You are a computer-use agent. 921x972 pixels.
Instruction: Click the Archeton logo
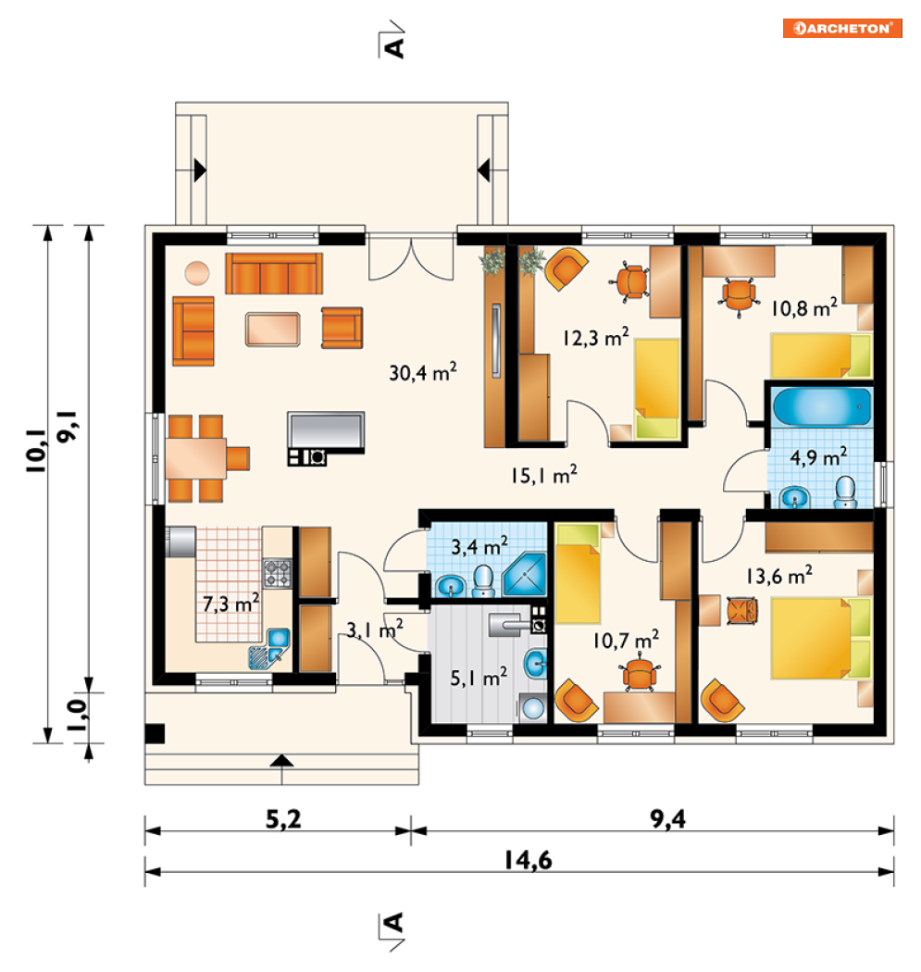pyautogui.click(x=842, y=29)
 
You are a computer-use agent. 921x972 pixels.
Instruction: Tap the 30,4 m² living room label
pyautogui.click(x=423, y=372)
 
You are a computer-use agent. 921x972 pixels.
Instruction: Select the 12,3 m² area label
pyautogui.click(x=595, y=337)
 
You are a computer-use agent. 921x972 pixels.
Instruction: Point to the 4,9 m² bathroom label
pyautogui.click(x=818, y=457)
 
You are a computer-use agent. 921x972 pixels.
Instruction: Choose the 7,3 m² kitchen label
pyautogui.click(x=230, y=603)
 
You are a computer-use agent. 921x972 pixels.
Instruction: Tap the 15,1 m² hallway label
pyautogui.click(x=543, y=475)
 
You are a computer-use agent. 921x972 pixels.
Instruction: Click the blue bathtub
pyautogui.click(x=821, y=406)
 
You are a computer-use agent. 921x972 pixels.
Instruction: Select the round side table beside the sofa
pyautogui.click(x=197, y=273)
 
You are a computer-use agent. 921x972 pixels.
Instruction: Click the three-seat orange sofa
pyautogui.click(x=274, y=273)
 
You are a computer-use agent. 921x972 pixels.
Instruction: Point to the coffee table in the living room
pyautogui.click(x=273, y=330)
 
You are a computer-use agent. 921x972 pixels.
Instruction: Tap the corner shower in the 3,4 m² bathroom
pyautogui.click(x=525, y=574)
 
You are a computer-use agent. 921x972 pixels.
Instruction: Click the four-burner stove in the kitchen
pyautogui.click(x=277, y=573)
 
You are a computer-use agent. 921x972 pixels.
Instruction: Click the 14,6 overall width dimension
pyautogui.click(x=528, y=860)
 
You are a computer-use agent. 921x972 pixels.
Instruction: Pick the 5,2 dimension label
pyautogui.click(x=283, y=819)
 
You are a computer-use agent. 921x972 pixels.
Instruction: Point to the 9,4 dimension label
pyautogui.click(x=667, y=819)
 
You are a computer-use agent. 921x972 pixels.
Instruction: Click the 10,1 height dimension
pyautogui.click(x=36, y=451)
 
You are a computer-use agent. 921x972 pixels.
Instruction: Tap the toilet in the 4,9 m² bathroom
pyautogui.click(x=845, y=492)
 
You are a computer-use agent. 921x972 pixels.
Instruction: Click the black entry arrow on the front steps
pyautogui.click(x=281, y=761)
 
